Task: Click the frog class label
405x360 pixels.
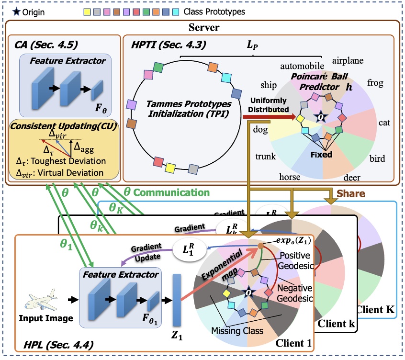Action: tap(375, 83)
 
